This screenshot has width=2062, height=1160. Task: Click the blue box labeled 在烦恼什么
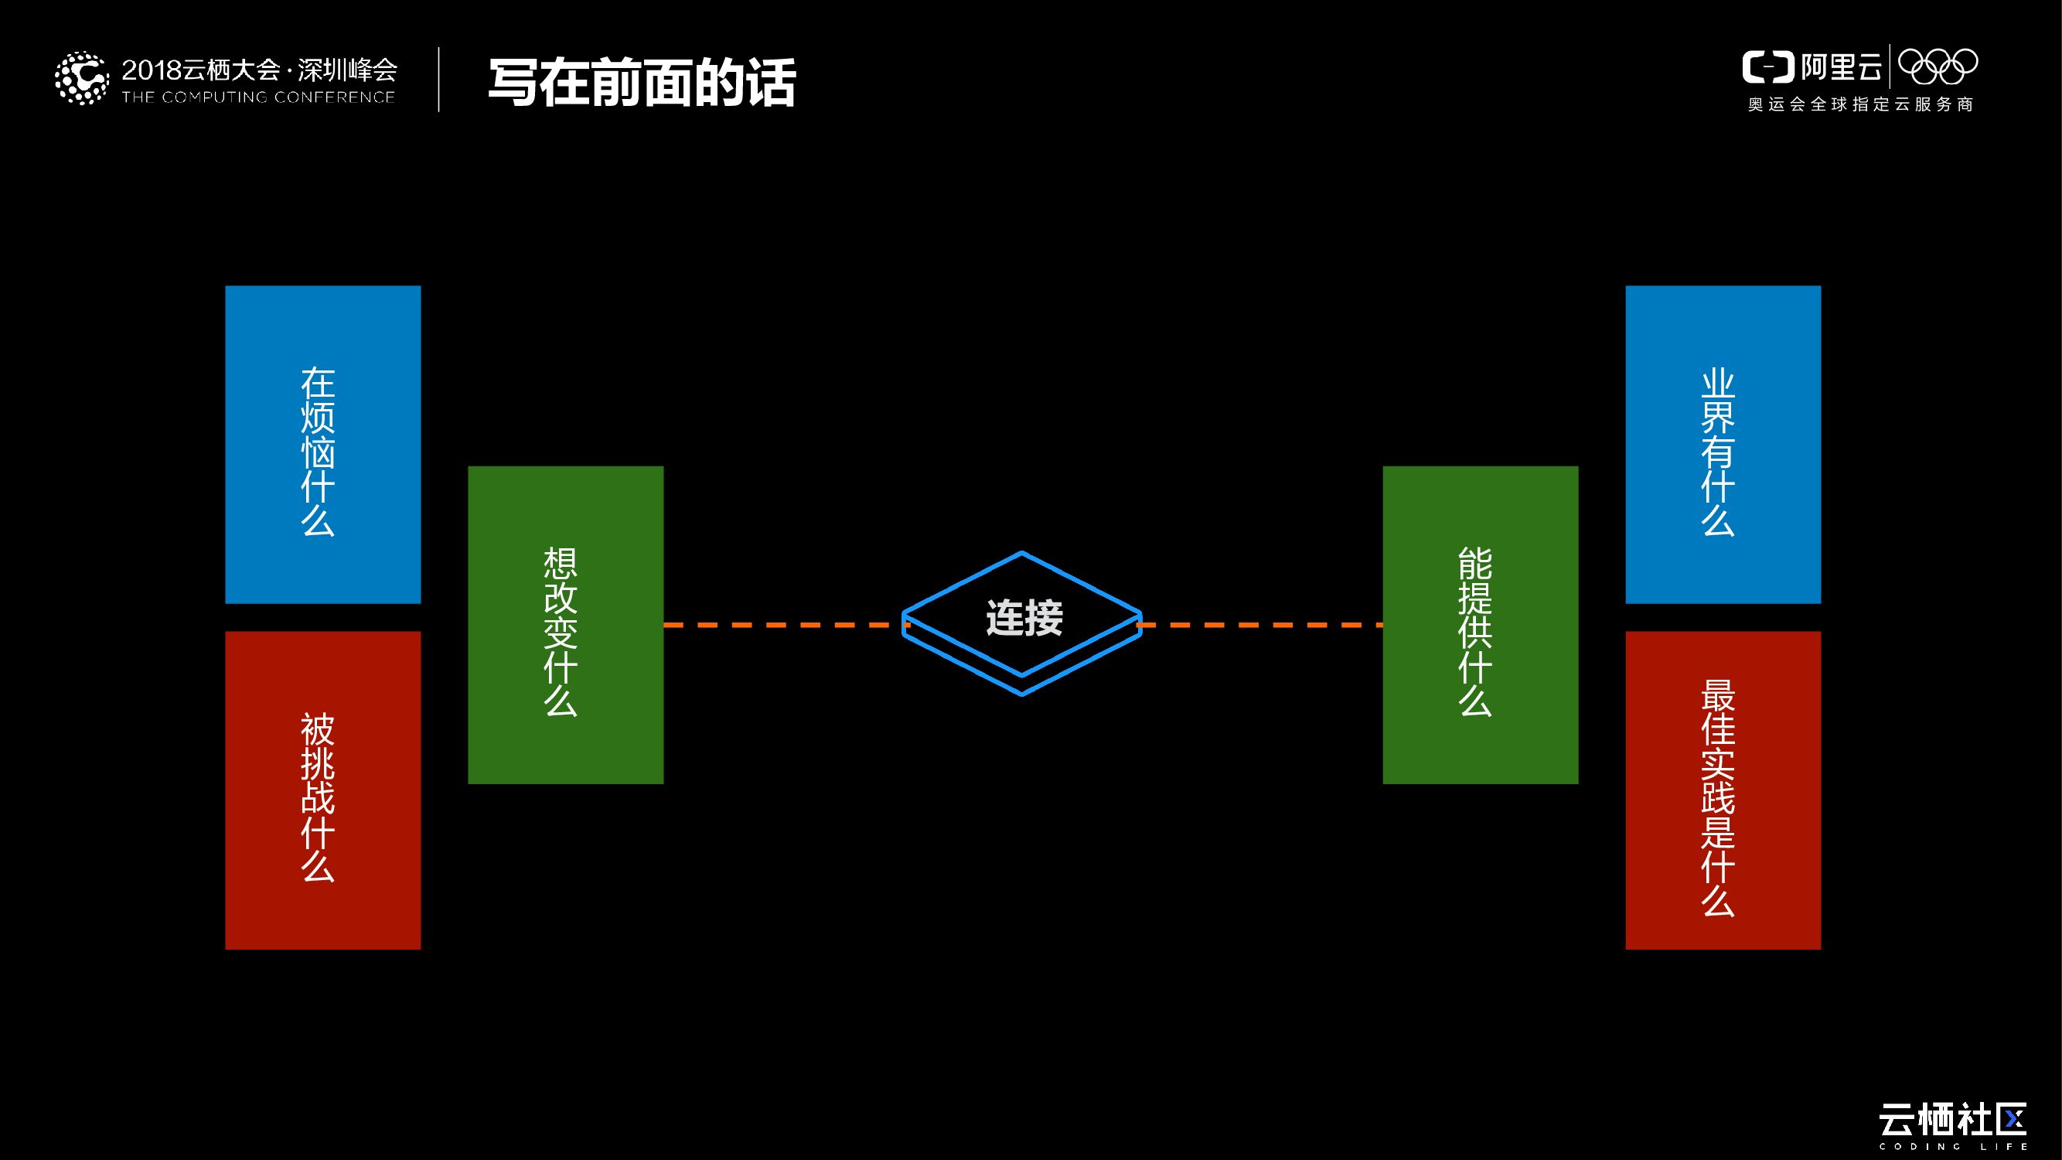click(322, 445)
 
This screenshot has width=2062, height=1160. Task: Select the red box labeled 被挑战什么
click(322, 790)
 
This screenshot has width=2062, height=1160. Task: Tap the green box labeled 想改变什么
click(565, 624)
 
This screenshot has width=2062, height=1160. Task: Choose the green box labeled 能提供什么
click(1480, 624)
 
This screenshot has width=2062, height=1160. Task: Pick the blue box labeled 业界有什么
click(1723, 445)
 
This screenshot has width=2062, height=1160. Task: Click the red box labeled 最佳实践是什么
click(1723, 790)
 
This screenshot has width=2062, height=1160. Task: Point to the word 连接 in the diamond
click(1024, 618)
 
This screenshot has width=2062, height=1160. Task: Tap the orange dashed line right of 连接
click(1261, 624)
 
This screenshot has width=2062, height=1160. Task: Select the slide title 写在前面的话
click(641, 83)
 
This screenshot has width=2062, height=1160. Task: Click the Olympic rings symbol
click(1937, 67)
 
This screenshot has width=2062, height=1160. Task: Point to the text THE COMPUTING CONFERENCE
click(257, 97)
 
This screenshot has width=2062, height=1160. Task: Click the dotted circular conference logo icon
click(81, 78)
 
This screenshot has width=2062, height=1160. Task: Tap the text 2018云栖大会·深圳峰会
click(259, 70)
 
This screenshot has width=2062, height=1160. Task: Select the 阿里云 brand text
click(1841, 67)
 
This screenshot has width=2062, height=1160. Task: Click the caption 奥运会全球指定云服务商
click(1860, 105)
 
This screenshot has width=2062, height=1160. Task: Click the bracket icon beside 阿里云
click(1767, 67)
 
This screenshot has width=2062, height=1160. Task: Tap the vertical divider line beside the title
click(438, 80)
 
